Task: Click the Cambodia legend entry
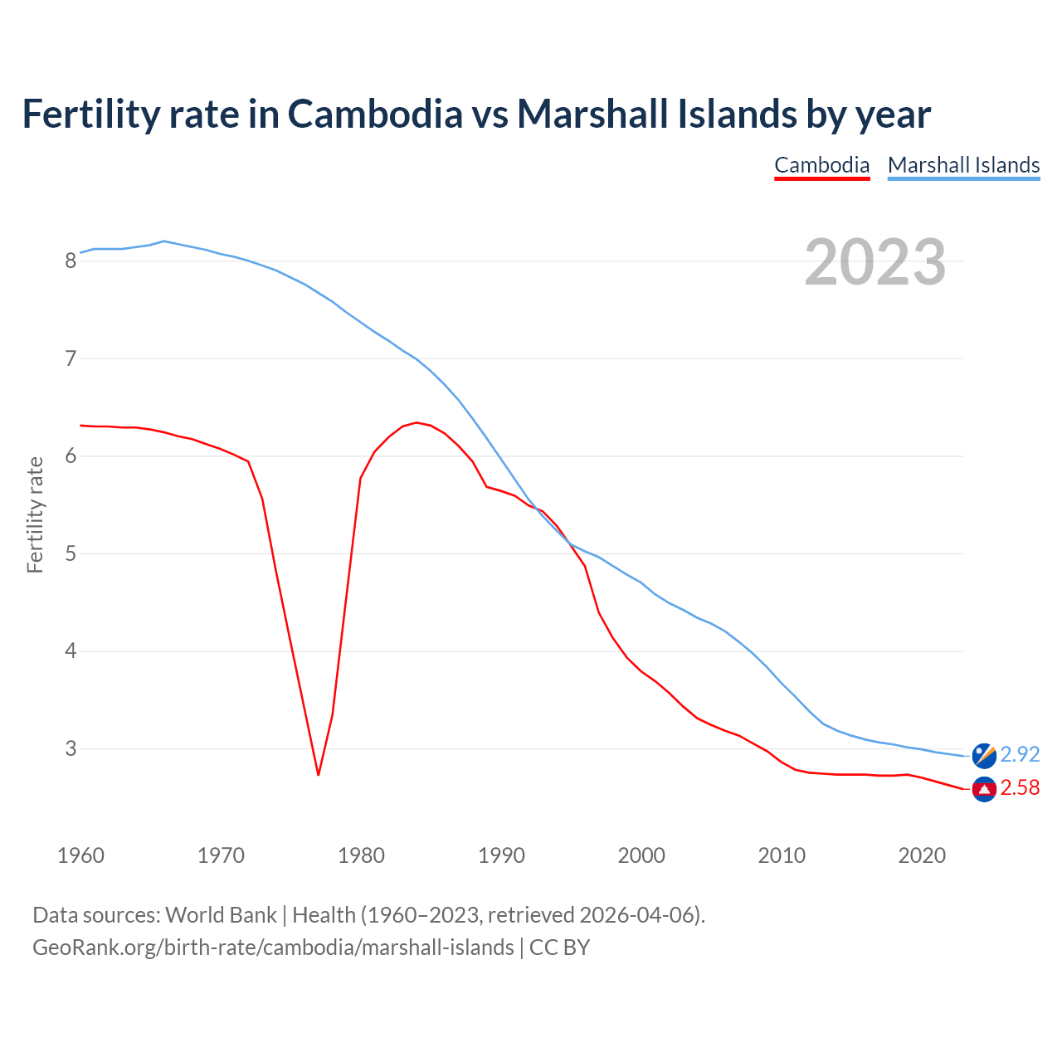[821, 165]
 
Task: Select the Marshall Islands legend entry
[963, 165]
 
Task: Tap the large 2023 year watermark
[875, 262]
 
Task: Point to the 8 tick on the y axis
[71, 261]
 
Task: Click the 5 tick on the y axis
[71, 553]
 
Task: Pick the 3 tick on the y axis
[71, 748]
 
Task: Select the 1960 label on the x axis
[80, 855]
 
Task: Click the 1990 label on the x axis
[501, 855]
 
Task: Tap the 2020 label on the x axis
[922, 855]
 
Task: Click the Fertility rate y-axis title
[35, 514]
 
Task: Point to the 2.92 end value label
[1020, 754]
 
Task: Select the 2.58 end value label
[1020, 787]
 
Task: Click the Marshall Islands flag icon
[984, 755]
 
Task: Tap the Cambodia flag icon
[984, 789]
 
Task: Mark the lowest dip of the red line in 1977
[318, 775]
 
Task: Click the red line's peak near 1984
[416, 422]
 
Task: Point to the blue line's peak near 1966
[164, 241]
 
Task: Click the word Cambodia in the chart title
[375, 114]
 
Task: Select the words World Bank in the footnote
[221, 915]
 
